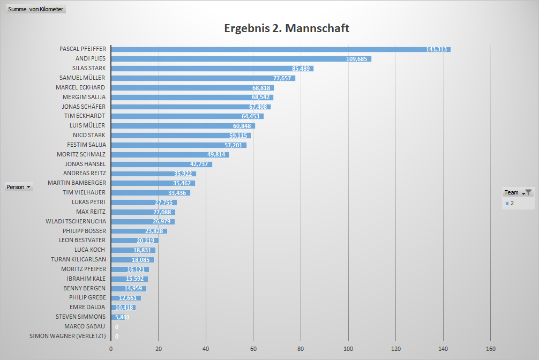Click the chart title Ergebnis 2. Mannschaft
pos(287,28)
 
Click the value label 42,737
pos(201,164)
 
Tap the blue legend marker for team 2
pos(507,203)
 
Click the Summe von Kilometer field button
pos(35,10)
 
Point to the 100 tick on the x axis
pos(348,349)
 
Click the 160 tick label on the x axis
pos(491,349)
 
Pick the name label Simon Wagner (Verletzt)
pos(68,336)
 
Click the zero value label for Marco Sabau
pos(117,327)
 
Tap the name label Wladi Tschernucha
pos(76,221)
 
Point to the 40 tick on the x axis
pos(206,349)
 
